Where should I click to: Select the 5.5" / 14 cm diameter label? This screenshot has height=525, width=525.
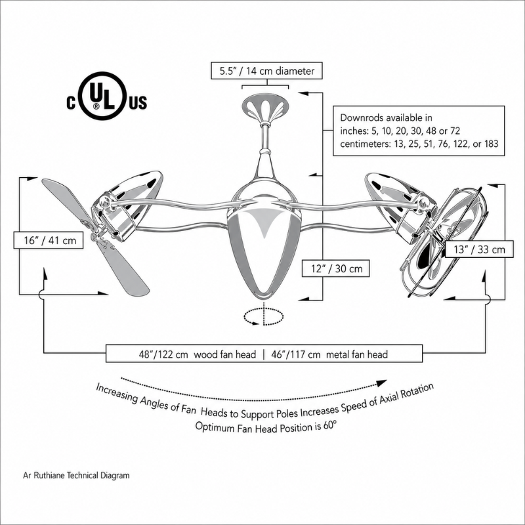[266, 71]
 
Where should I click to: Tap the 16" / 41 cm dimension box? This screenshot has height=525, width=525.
[49, 240]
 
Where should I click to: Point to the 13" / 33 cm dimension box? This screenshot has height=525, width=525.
[479, 249]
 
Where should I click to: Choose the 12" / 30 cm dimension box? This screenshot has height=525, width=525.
[336, 268]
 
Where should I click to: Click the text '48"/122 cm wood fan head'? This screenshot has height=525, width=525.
[198, 354]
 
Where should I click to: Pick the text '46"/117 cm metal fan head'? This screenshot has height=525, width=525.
[329, 354]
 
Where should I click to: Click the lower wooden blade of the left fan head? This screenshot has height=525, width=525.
[125, 268]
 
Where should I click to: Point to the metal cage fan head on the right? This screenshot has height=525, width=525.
[444, 241]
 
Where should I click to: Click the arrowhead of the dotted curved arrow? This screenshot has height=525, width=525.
[382, 383]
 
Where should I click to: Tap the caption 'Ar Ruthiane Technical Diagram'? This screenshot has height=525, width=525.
[76, 475]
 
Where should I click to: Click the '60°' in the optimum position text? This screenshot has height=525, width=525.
[329, 426]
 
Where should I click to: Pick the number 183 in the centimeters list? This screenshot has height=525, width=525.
[491, 144]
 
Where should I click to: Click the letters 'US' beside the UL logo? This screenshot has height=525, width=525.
[138, 103]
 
